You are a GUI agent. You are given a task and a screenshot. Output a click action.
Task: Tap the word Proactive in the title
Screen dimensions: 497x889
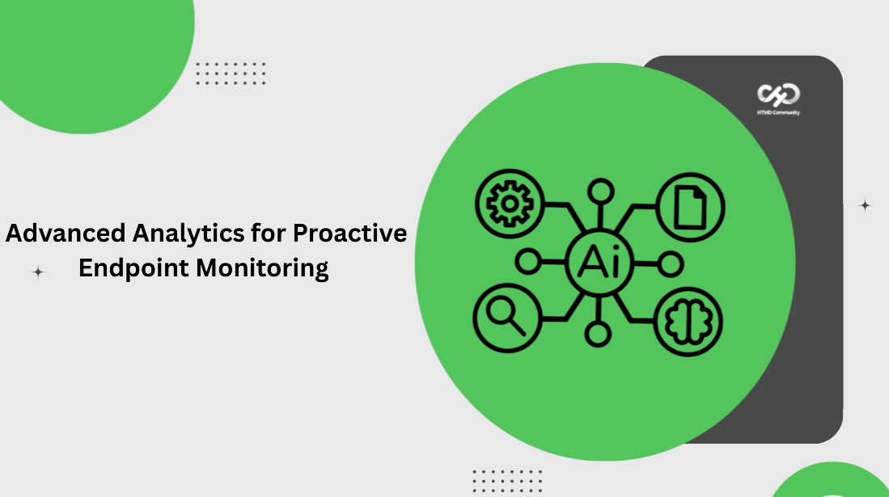pos(349,233)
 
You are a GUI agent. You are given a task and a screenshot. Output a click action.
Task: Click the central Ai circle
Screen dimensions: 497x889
pos(599,263)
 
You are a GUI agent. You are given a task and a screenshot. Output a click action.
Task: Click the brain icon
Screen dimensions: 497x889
pos(689,322)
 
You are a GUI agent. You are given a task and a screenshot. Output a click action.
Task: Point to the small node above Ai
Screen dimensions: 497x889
pos(599,192)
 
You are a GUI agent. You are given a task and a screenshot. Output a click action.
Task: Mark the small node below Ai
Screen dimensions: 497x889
pos(599,333)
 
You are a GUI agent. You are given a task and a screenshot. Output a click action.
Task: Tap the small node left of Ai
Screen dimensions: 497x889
pos(528,263)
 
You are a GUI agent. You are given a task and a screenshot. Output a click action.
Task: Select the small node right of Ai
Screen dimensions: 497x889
pos(671,263)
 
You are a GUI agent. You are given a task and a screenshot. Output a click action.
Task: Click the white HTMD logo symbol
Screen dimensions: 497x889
pos(778,95)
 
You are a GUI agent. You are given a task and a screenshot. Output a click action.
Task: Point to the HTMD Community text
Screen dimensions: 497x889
pos(778,112)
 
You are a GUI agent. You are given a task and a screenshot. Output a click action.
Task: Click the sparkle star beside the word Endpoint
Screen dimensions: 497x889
pos(38,272)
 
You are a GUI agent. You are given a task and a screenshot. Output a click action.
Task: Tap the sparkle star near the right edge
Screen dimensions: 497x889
pos(865,205)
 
